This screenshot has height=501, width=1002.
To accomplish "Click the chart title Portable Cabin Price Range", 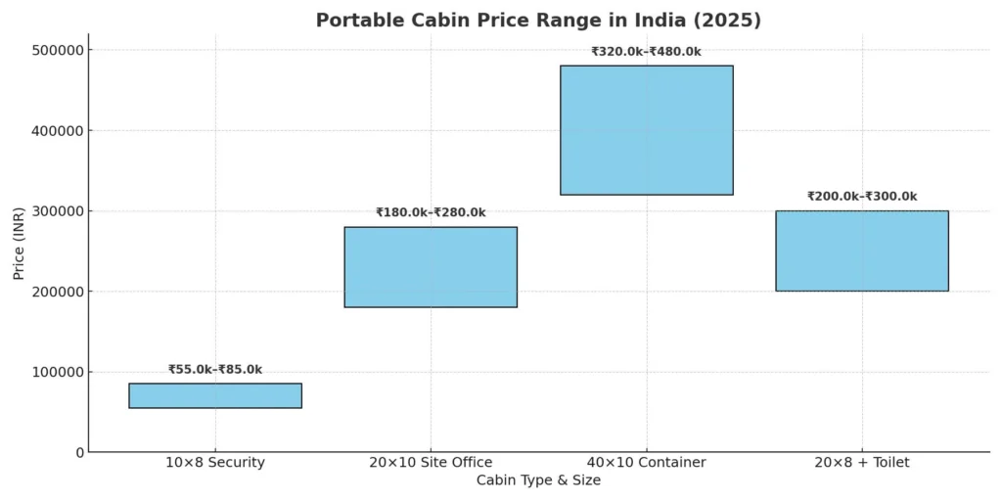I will pyautogui.click(x=538, y=20).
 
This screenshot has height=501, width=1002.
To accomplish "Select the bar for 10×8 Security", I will pyautogui.click(x=215, y=395).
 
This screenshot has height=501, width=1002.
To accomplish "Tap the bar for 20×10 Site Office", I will pyautogui.click(x=431, y=267).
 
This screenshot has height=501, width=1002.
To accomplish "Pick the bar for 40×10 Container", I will pyautogui.click(x=646, y=130).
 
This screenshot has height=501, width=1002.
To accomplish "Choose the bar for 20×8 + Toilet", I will pyautogui.click(x=861, y=250).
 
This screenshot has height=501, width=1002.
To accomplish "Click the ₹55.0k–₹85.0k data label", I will pyautogui.click(x=215, y=370).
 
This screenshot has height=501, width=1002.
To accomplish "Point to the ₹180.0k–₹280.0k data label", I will pyautogui.click(x=431, y=212).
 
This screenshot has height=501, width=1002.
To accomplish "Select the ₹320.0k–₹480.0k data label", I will pyautogui.click(x=646, y=52).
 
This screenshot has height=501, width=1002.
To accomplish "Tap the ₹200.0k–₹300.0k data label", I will pyautogui.click(x=861, y=197).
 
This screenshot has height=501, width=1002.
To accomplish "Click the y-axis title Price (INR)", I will pyautogui.click(x=20, y=250).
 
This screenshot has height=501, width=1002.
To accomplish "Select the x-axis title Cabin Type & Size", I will pyautogui.click(x=538, y=480).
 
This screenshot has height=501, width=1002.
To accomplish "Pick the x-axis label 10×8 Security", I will pyautogui.click(x=215, y=462).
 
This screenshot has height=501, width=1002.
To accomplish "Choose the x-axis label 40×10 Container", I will pyautogui.click(x=646, y=462).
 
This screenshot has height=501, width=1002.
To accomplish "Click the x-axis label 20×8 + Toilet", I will pyautogui.click(x=861, y=462).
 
